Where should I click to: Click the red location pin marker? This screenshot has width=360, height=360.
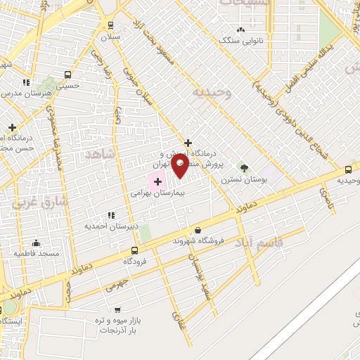point(180,166)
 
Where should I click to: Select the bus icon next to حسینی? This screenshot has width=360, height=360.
point(68,75)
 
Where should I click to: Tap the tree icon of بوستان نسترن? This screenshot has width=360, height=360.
point(244,167)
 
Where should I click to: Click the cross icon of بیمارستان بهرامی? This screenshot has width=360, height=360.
point(157,181)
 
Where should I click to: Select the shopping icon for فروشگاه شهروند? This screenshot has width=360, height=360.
point(198,230)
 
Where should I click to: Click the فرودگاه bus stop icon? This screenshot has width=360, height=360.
point(134,250)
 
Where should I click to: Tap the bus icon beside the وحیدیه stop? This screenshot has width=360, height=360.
point(348,169)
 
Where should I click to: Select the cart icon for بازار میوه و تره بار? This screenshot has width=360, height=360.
point(117,310)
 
